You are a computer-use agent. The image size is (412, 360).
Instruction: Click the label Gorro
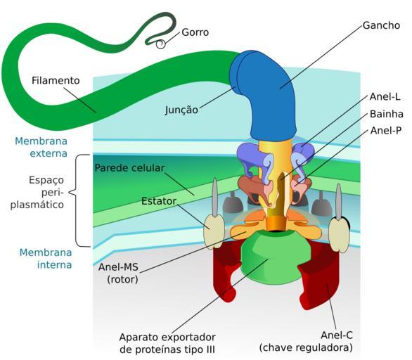point(195,32)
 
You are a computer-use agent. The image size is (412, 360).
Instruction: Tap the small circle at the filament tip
point(160,44)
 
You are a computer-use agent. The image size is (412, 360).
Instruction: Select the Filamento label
point(56,80)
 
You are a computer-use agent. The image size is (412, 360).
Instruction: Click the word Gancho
point(381,25)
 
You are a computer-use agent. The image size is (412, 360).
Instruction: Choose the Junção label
point(181,110)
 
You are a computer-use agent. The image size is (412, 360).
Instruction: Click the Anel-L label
point(385,97)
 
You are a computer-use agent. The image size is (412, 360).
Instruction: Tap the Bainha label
point(386,114)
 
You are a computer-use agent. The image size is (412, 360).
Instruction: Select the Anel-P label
point(386,130)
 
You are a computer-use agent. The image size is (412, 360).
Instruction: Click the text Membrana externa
point(41,147)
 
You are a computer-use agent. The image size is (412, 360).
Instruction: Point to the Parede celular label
point(129,168)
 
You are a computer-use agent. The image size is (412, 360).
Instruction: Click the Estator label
point(159,201)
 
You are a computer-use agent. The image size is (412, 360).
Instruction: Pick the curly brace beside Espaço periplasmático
point(79,200)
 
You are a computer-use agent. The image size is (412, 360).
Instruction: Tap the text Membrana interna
point(46,258)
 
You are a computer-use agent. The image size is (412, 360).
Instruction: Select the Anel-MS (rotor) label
point(118,273)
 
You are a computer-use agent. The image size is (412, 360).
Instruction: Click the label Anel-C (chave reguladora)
point(306,341)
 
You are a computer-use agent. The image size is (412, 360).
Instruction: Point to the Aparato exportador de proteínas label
point(167,343)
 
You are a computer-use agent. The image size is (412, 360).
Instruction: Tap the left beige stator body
point(214,231)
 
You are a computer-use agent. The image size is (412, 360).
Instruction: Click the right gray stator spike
point(339,202)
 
